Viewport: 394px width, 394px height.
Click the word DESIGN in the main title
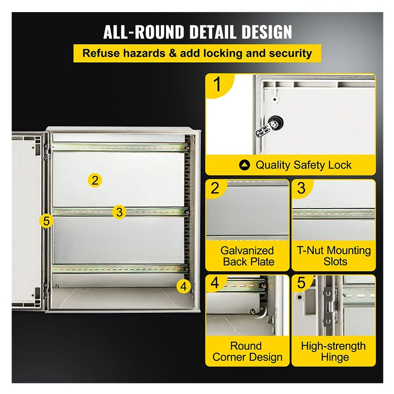point(267,32)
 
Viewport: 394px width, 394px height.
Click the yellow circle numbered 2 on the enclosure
point(95,180)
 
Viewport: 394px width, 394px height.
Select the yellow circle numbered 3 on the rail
point(119,211)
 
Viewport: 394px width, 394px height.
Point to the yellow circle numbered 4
point(184,286)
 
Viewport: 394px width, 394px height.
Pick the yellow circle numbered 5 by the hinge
point(46,221)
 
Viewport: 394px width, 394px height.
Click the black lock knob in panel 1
point(275,123)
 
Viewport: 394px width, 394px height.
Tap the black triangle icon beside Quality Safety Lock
point(244,165)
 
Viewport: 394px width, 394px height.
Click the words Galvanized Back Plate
point(248,256)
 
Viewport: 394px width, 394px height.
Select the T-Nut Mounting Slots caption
point(334,256)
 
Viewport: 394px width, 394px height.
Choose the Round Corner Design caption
point(247,351)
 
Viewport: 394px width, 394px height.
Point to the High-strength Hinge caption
point(333,351)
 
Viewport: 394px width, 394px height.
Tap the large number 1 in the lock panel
point(217,85)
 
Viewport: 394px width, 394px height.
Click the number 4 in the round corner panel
point(215,283)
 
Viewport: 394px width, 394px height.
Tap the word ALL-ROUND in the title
point(144,32)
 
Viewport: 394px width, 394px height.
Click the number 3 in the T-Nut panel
point(301,188)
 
